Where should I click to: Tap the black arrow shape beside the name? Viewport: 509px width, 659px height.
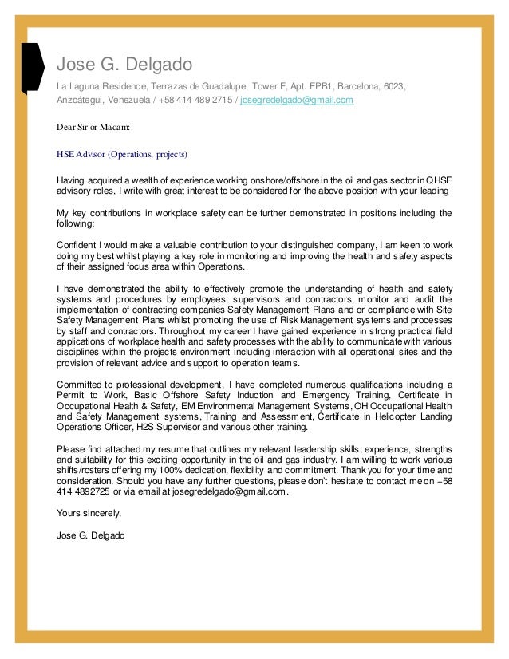pos(33,69)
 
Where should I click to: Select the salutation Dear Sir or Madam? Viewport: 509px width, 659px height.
pos(93,127)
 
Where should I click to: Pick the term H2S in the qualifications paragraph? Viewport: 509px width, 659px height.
pos(147,426)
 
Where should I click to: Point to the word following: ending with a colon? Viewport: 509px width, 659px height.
pos(76,224)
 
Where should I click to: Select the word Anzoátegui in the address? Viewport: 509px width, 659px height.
pos(77,101)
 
